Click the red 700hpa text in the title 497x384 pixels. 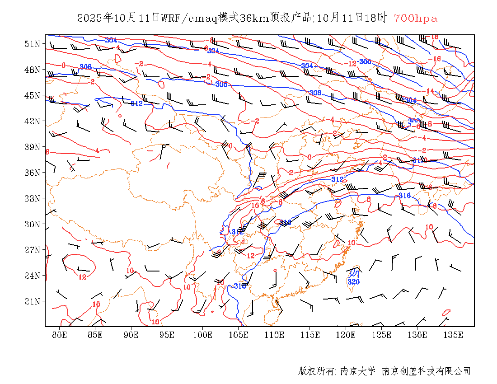click(x=415, y=19)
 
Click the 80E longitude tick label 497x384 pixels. click(x=60, y=335)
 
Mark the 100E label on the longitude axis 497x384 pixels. click(x=202, y=335)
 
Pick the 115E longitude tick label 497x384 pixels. click(x=310, y=335)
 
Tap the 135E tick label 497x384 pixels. click(x=453, y=335)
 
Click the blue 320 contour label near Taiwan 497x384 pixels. click(x=353, y=282)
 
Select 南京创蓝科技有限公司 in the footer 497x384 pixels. click(x=426, y=371)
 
